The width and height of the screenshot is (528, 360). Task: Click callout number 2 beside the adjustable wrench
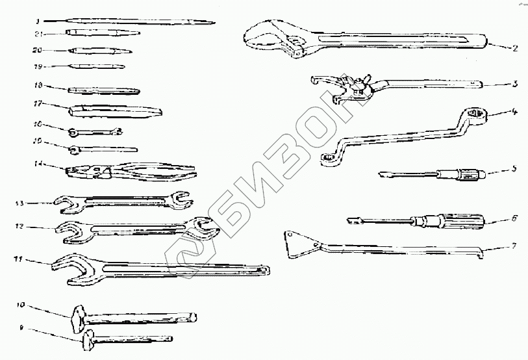[x=514, y=47]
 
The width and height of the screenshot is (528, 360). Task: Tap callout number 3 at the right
[x=514, y=84]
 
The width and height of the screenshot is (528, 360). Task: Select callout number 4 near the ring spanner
[x=514, y=112]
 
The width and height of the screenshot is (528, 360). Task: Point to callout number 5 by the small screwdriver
[x=513, y=169]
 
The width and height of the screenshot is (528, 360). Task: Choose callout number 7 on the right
[x=513, y=246]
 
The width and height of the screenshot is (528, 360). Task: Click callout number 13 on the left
[x=20, y=203]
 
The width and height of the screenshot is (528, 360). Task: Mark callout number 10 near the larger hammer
[x=20, y=304]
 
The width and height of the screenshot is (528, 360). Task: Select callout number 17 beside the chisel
[x=38, y=102]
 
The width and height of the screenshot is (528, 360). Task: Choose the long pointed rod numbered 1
[x=130, y=22]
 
